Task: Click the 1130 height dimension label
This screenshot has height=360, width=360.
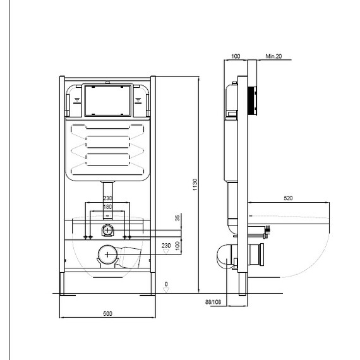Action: [x=195, y=185]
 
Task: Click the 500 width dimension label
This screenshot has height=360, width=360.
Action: [x=107, y=313]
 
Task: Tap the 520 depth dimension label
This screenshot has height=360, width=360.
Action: [x=288, y=198]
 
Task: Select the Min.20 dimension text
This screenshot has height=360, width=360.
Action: [x=273, y=56]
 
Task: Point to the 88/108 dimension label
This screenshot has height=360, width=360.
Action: [x=213, y=302]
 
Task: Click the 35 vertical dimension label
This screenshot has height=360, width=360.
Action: [x=177, y=218]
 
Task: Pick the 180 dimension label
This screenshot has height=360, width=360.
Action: [x=107, y=207]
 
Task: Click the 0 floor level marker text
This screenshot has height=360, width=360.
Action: [x=166, y=284]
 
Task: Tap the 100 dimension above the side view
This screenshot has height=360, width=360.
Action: [x=236, y=56]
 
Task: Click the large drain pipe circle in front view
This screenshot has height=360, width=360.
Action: [x=107, y=255]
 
